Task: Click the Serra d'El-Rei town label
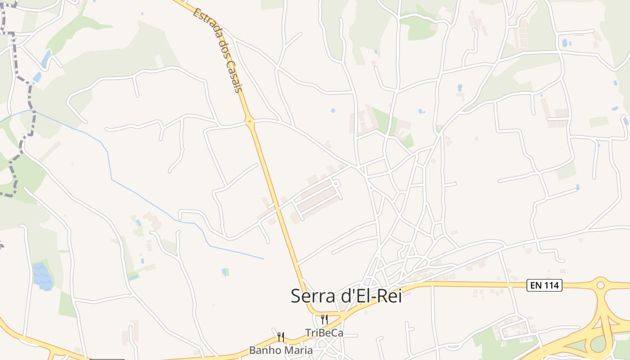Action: coord(346,296)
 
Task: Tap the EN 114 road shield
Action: coord(544,285)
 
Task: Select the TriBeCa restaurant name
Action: coord(324,333)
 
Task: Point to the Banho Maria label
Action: coord(281,350)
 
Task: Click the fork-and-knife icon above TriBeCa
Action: coord(324,319)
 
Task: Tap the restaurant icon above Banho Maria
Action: coord(280,337)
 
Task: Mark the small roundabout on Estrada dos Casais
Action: coord(249,121)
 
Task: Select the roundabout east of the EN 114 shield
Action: coord(600,285)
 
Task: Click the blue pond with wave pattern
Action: coord(42,275)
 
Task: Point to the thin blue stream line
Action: coord(108,157)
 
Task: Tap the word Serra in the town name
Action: coord(311,296)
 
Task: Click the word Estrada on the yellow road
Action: coord(203,23)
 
